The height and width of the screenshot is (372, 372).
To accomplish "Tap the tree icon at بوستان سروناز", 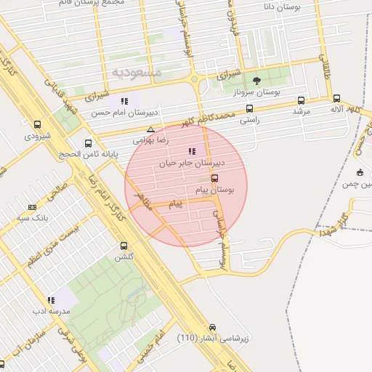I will [x=256, y=80].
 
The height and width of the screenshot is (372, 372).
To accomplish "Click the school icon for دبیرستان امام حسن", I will [x=124, y=101].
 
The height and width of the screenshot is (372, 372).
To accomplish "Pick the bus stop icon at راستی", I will [x=249, y=108].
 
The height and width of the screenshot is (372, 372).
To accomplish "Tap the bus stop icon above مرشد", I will [x=301, y=100].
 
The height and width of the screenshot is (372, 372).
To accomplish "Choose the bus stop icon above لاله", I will [x=336, y=98].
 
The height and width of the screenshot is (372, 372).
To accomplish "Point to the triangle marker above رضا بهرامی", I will [x=150, y=129].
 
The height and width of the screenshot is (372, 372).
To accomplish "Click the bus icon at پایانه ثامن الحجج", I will [x=89, y=143].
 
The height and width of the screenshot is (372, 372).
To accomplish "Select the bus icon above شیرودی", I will [x=37, y=124].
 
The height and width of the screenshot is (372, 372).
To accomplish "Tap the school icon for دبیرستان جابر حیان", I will [x=192, y=151].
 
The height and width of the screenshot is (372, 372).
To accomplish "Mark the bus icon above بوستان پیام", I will [x=214, y=178].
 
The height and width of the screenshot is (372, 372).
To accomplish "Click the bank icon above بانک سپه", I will [x=32, y=207].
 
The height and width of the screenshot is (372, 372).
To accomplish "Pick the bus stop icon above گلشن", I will [x=124, y=246].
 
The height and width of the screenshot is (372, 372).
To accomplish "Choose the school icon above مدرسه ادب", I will [x=50, y=299].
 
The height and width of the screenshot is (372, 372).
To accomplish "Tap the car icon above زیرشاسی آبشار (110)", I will [x=212, y=327].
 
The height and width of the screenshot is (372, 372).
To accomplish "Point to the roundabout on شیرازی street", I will [x=194, y=79].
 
